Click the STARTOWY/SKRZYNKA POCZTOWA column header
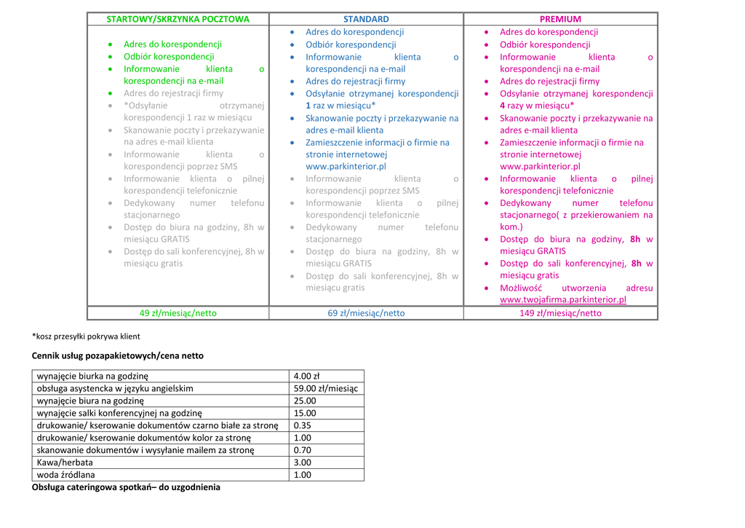[x=178, y=19]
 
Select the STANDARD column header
[x=366, y=19]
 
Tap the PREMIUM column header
[x=560, y=19]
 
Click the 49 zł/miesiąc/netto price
[x=178, y=313]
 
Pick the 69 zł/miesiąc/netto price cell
[x=366, y=313]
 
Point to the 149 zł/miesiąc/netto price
[x=560, y=313]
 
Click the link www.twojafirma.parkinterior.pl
[x=562, y=299]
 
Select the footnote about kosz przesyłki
[x=86, y=336]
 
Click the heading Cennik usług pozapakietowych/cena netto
[x=118, y=356]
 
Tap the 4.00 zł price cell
[x=306, y=377]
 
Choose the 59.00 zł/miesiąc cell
[x=325, y=389]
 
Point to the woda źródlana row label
[x=65, y=475]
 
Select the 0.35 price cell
[x=302, y=425]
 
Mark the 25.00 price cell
[x=304, y=401]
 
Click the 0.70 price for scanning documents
[x=302, y=450]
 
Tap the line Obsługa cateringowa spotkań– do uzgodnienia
[x=126, y=487]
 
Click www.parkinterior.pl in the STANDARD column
[x=346, y=166]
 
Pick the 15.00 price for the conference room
[x=304, y=413]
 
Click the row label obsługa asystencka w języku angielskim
[x=115, y=389]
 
